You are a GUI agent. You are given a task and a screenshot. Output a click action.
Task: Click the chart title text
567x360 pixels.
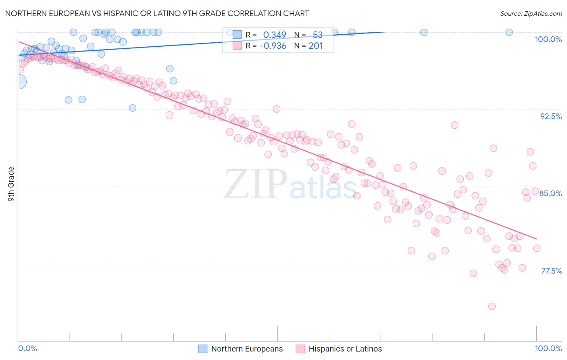tap(157, 13)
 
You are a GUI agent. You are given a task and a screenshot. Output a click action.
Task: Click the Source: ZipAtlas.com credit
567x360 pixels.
tap(531, 13)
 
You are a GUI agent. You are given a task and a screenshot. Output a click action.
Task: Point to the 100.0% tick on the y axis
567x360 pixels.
tap(548, 39)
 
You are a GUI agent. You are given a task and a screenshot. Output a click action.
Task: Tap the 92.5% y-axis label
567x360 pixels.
tap(551, 116)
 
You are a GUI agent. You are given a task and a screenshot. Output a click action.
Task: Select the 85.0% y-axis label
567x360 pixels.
tap(550, 193)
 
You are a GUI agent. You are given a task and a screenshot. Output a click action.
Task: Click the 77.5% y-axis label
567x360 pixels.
tap(551, 271)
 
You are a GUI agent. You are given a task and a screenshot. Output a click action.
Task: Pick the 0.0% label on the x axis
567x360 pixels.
tap(28, 348)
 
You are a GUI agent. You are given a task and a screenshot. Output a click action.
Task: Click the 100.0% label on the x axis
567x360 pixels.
tap(548, 348)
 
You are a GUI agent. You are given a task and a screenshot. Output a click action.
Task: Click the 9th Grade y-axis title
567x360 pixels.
tap(11, 184)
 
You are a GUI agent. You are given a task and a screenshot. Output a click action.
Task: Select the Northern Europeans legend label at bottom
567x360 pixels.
tap(247, 349)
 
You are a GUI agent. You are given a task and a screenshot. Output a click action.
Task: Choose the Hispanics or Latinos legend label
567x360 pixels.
tap(345, 349)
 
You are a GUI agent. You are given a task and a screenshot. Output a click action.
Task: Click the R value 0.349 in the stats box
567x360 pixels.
tap(275, 35)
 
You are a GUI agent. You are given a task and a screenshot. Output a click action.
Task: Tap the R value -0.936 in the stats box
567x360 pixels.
tap(273, 46)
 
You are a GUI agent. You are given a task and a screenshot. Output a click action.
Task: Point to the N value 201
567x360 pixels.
tap(316, 46)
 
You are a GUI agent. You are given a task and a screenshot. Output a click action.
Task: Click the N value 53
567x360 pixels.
tap(317, 35)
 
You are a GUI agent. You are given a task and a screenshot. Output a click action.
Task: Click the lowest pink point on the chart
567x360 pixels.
tap(492, 306)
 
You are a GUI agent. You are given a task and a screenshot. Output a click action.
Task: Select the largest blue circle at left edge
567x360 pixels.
tap(19, 82)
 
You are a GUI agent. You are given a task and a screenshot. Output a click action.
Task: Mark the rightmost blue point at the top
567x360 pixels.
tap(509, 32)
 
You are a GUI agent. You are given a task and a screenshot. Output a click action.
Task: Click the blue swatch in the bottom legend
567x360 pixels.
tap(203, 349)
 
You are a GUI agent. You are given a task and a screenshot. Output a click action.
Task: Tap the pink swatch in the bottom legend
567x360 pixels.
tap(300, 349)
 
